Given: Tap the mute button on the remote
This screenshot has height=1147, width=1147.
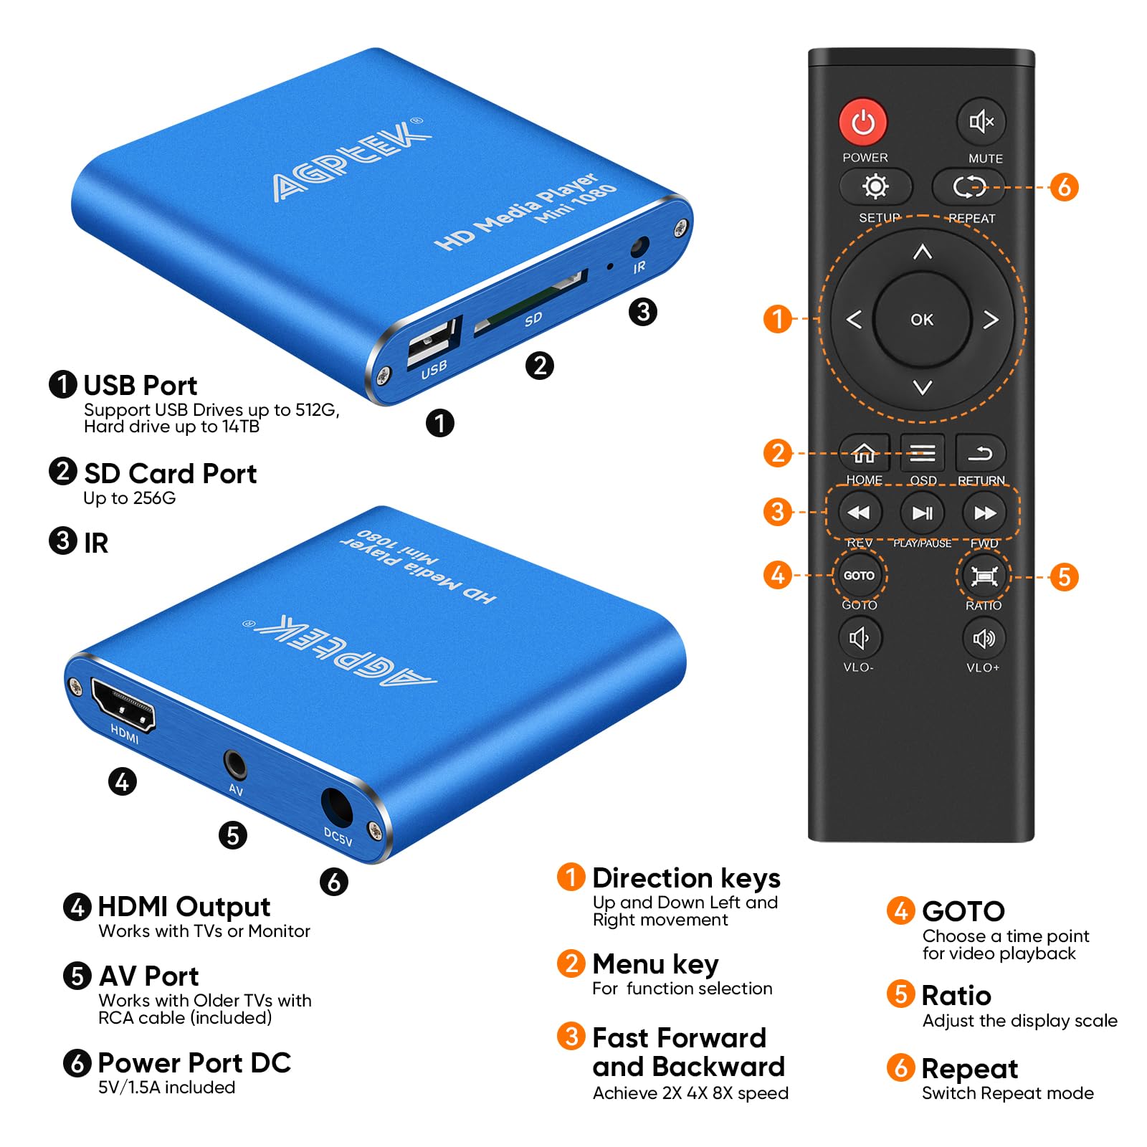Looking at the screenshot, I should pyautogui.click(x=981, y=122).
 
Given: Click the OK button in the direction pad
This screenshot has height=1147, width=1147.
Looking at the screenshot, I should pyautogui.click(x=922, y=320).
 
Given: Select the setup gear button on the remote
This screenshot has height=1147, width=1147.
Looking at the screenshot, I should pyautogui.click(x=875, y=187).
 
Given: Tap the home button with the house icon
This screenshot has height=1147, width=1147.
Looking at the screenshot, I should pyautogui.click(x=864, y=454).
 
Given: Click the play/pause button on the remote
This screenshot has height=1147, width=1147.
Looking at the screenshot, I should pyautogui.click(x=922, y=513).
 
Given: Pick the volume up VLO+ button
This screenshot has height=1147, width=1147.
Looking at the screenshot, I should pyautogui.click(x=983, y=638).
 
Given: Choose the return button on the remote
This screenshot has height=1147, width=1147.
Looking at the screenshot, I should pyautogui.click(x=981, y=454).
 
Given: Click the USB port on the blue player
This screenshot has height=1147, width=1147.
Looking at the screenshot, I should pyautogui.click(x=432, y=342).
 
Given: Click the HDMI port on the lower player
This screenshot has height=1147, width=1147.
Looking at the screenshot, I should pyautogui.click(x=123, y=705).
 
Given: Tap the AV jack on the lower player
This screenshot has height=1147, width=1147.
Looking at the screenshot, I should pyautogui.click(x=234, y=765).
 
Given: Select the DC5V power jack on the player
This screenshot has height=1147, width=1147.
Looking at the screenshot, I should pyautogui.click(x=336, y=806).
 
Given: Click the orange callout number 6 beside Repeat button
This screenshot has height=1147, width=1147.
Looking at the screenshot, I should pyautogui.click(x=1064, y=187).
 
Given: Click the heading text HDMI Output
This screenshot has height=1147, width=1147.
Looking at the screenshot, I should pyautogui.click(x=184, y=907).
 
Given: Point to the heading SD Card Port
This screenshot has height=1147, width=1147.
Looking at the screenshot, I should pyautogui.click(x=170, y=474).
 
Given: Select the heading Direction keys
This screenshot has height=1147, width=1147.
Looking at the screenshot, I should pyautogui.click(x=685, y=878).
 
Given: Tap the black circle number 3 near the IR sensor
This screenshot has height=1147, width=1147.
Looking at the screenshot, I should pyautogui.click(x=642, y=312).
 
